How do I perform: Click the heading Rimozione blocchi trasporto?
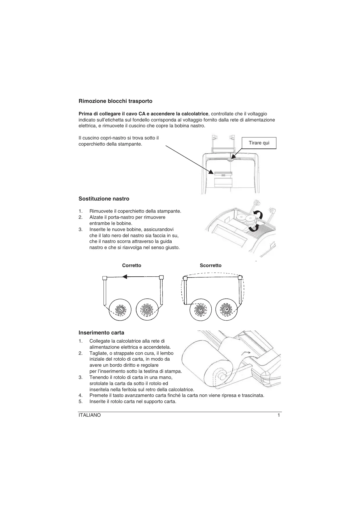(x=115, y=101)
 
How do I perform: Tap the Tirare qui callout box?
(x=259, y=143)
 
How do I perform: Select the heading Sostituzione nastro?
(x=104, y=199)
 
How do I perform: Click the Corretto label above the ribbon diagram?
(x=132, y=265)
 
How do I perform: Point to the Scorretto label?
(x=210, y=265)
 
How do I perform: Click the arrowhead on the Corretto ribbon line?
(x=125, y=277)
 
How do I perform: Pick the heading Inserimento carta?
(x=101, y=332)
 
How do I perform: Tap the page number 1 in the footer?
(x=279, y=415)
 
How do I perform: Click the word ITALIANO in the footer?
(x=90, y=415)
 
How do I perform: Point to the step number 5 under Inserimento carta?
(x=80, y=402)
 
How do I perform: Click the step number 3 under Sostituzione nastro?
(x=80, y=229)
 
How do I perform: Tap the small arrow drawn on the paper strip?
(x=246, y=352)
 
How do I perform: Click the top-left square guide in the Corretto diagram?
(x=105, y=278)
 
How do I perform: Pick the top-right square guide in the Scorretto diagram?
(x=240, y=278)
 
